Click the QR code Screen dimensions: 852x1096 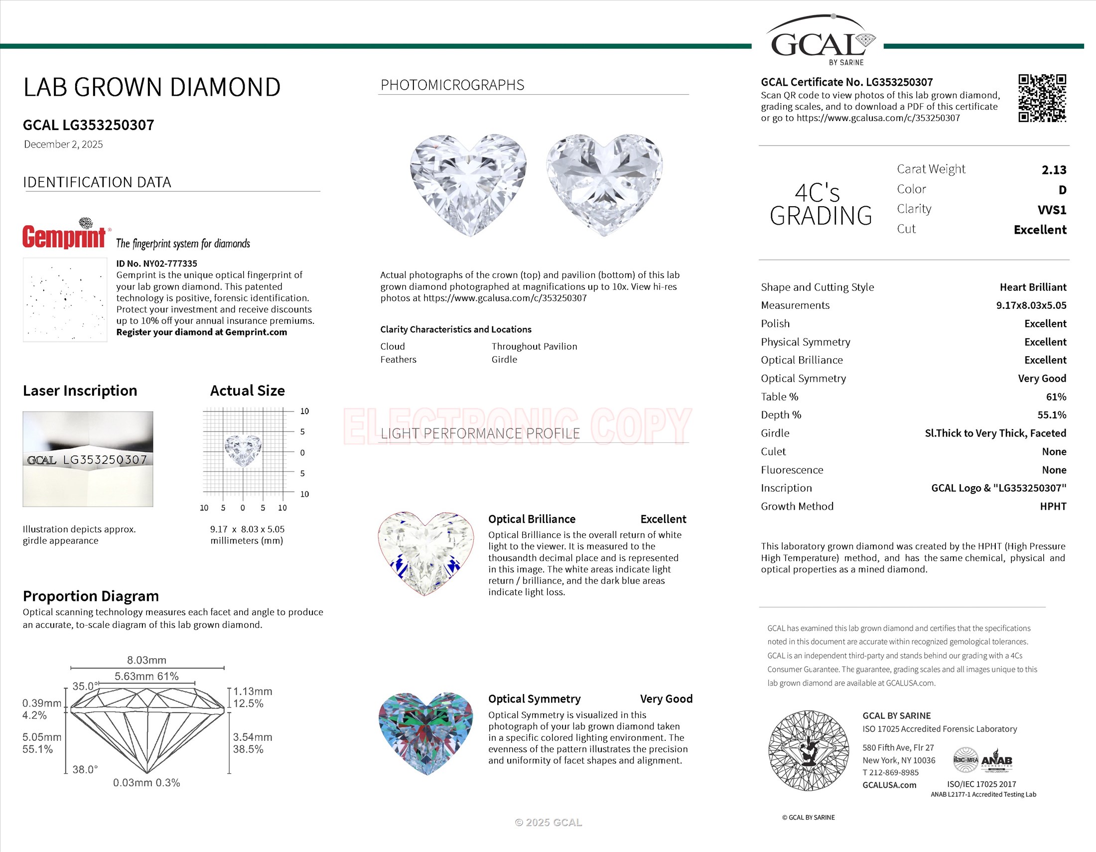pyautogui.click(x=1042, y=98)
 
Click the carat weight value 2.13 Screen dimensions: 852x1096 pyautogui.click(x=1053, y=170)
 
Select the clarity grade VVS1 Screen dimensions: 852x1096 pyautogui.click(x=1051, y=210)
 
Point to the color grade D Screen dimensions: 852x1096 pyautogui.click(x=1062, y=190)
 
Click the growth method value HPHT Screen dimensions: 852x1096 pyautogui.click(x=1052, y=506)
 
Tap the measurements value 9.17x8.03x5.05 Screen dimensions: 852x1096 pyautogui.click(x=1031, y=305)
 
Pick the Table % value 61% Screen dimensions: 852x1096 pyautogui.click(x=1056, y=397)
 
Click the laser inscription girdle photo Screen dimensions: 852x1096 pyautogui.click(x=88, y=458)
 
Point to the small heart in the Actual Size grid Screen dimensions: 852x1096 pyautogui.click(x=244, y=449)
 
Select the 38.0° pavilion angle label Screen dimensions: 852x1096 pyautogui.click(x=85, y=769)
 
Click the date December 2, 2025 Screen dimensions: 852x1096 pyautogui.click(x=63, y=144)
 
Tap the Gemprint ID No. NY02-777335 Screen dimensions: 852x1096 pyautogui.click(x=156, y=264)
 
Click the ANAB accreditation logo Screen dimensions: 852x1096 pyautogui.click(x=996, y=761)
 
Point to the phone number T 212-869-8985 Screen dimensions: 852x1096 pyautogui.click(x=897, y=773)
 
